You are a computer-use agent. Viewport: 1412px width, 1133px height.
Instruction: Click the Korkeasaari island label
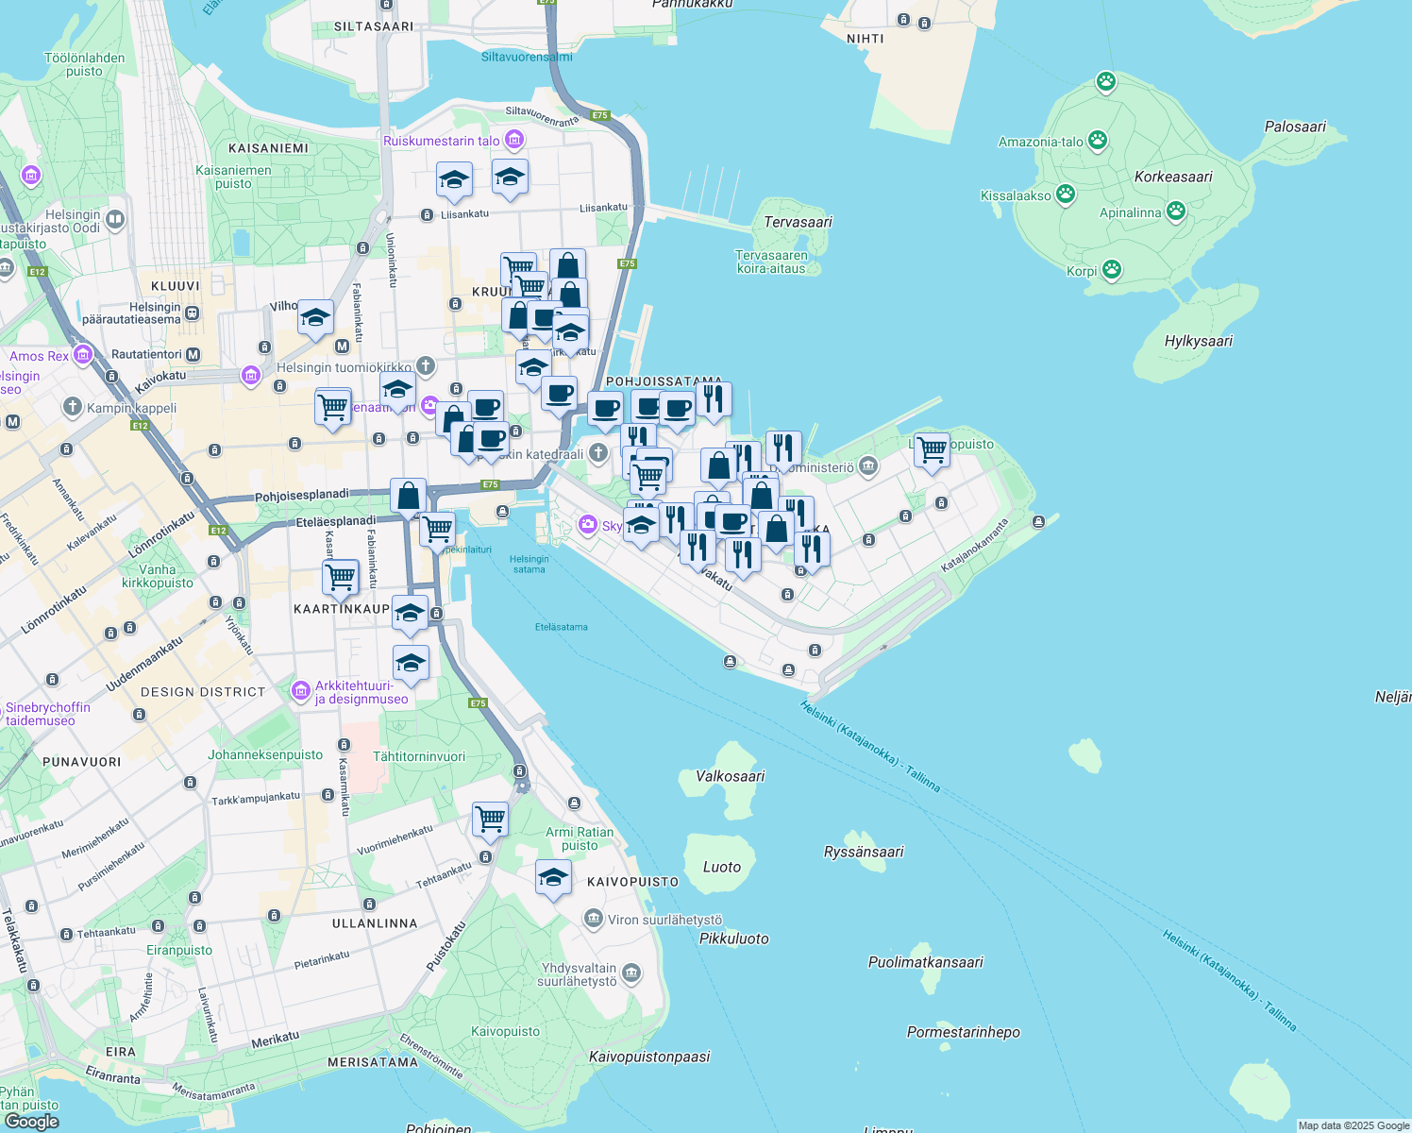(1173, 177)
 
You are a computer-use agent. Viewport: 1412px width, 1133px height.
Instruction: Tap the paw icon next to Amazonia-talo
(1097, 142)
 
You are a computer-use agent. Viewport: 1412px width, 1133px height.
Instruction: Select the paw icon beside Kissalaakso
(1066, 194)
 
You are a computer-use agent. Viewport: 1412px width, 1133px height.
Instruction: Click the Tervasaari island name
(798, 222)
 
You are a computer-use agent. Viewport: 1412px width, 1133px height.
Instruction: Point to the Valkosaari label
(730, 776)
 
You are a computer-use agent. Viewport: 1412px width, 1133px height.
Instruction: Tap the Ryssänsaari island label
(864, 852)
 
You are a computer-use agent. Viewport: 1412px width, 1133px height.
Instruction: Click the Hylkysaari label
(1198, 341)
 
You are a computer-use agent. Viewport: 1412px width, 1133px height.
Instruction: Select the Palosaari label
(1295, 127)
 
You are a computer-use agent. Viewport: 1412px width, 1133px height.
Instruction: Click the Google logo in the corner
(31, 1121)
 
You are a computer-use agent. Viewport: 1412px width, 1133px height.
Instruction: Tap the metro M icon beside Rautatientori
(193, 355)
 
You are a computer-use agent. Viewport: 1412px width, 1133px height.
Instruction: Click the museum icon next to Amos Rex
(83, 355)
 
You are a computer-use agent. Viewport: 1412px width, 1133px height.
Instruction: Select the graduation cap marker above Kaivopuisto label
(553, 877)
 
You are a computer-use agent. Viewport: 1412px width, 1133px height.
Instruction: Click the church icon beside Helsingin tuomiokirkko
(426, 365)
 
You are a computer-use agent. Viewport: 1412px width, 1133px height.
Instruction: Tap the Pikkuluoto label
(733, 939)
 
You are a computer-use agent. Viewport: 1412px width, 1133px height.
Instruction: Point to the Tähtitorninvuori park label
(419, 756)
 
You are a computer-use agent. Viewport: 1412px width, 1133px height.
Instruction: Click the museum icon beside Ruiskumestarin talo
(513, 141)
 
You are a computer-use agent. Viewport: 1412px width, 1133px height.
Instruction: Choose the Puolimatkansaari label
(925, 962)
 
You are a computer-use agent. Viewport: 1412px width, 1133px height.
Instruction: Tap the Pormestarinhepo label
(963, 1032)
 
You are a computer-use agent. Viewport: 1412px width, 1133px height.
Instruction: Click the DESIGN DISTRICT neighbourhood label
(203, 692)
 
